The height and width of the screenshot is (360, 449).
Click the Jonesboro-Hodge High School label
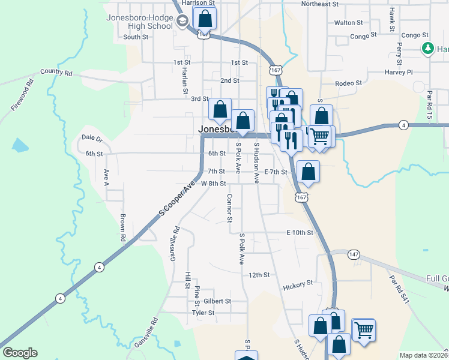click(x=139, y=22)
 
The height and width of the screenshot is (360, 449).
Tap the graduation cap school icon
click(x=182, y=22)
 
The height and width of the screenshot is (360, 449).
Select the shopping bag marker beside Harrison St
click(x=205, y=19)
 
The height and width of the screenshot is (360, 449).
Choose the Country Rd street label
click(x=56, y=72)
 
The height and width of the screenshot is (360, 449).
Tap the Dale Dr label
click(x=92, y=139)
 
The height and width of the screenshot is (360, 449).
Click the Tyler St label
click(x=203, y=313)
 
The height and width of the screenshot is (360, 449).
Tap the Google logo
click(x=20, y=352)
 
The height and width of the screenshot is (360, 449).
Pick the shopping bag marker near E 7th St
click(x=308, y=172)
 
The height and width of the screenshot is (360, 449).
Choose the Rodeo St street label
click(x=349, y=83)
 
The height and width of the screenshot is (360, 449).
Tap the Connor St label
click(x=229, y=208)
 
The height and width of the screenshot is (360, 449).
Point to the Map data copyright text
click(x=423, y=355)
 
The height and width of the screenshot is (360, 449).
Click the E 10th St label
click(x=300, y=232)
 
